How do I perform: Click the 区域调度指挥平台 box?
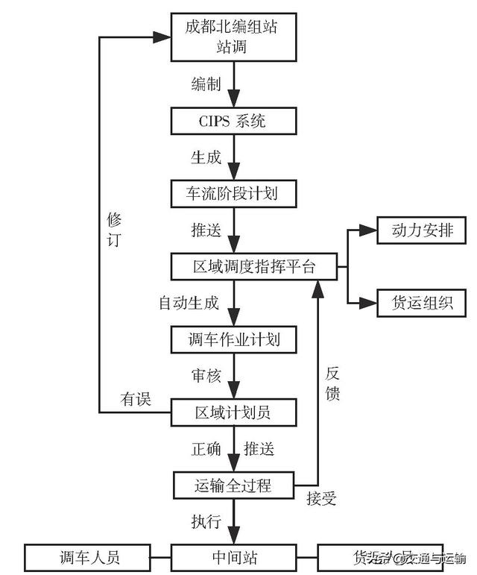coord(254,266)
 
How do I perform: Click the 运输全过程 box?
coord(233,486)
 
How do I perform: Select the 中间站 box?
coord(234,557)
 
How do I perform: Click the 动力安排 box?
coord(422,230)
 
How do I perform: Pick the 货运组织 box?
coord(422,304)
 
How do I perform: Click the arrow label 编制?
coord(205,84)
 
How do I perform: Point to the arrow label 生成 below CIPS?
coord(205,157)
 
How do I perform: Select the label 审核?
coord(205,376)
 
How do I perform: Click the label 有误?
coord(136,400)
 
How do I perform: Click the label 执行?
coord(205,521)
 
